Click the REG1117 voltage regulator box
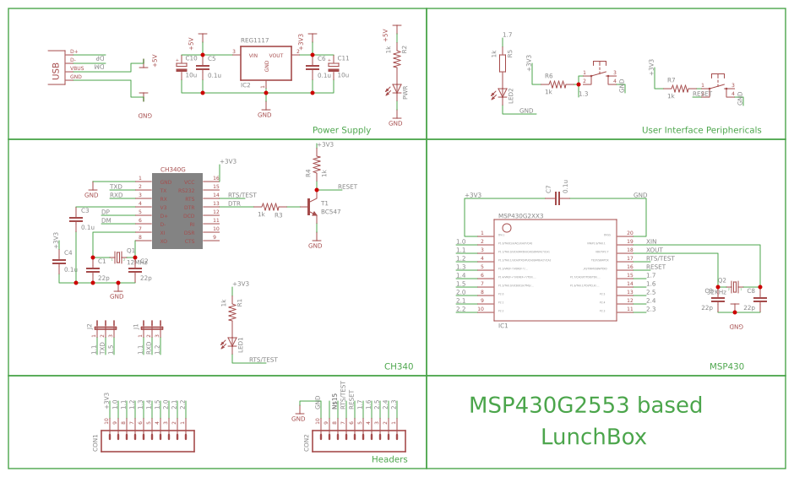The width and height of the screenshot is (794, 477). pyautogui.click(x=266, y=63)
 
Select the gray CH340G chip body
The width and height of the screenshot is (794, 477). pyautogui.click(x=177, y=211)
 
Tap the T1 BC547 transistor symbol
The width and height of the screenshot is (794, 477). pyautogui.click(x=311, y=205)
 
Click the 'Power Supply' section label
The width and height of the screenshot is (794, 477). pyautogui.click(x=341, y=130)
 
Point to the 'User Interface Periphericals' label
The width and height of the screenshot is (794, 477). pyautogui.click(x=701, y=130)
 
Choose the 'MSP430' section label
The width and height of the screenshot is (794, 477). pyautogui.click(x=726, y=366)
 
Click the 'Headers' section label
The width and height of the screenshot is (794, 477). pyautogui.click(x=389, y=459)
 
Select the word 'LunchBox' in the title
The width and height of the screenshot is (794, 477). pyautogui.click(x=593, y=437)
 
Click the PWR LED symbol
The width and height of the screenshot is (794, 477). pyautogui.click(x=396, y=89)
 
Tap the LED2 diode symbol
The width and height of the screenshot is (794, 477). pyautogui.click(x=503, y=94)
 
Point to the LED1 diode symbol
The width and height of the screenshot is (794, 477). pyautogui.click(x=232, y=342)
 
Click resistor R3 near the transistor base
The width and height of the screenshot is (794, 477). pyautogui.click(x=270, y=206)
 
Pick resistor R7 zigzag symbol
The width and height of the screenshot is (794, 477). pyautogui.click(x=679, y=88)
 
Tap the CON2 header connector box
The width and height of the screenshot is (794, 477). pyautogui.click(x=359, y=442)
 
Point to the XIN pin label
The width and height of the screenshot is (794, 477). pyautogui.click(x=651, y=241)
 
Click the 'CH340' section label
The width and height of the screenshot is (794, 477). pyautogui.click(x=399, y=366)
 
